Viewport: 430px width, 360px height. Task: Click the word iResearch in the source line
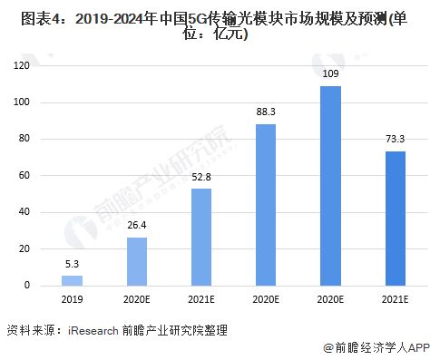(94, 330)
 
